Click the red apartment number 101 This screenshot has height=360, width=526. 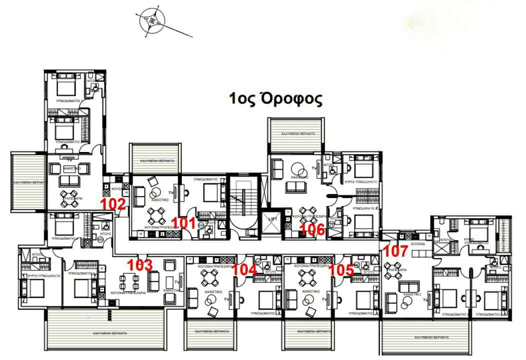point(185,222)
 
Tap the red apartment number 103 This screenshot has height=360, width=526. point(140,265)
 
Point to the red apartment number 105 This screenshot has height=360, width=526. point(343,269)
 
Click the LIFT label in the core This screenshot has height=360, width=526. point(272,219)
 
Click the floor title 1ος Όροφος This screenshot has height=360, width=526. point(275,98)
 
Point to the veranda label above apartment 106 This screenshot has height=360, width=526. point(298,134)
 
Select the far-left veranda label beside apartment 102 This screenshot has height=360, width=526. point(28,183)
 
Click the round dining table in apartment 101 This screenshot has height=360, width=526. point(156,215)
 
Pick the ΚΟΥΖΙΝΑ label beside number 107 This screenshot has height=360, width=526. point(418,243)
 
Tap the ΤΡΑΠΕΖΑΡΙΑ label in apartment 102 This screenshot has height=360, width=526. point(72,198)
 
